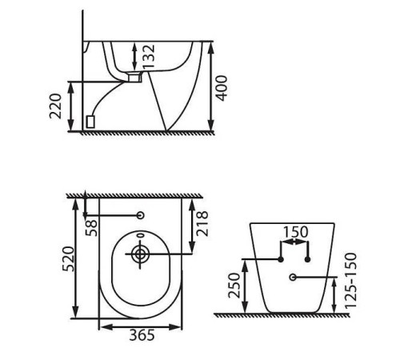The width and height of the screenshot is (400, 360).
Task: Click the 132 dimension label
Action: [x=149, y=56]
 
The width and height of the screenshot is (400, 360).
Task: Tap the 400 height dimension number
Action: [x=222, y=88]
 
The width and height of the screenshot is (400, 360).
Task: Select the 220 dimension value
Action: [x=56, y=106]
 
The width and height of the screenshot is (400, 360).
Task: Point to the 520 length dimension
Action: [x=68, y=259]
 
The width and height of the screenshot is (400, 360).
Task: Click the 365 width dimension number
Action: [x=142, y=335]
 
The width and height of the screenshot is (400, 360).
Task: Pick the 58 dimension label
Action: [x=91, y=228]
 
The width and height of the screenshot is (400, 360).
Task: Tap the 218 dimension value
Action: [x=202, y=223]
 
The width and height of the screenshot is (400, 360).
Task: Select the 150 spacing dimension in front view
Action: [x=295, y=232]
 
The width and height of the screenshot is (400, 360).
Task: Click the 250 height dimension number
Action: [x=234, y=286]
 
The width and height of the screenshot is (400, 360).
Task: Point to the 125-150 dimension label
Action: [x=350, y=281]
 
